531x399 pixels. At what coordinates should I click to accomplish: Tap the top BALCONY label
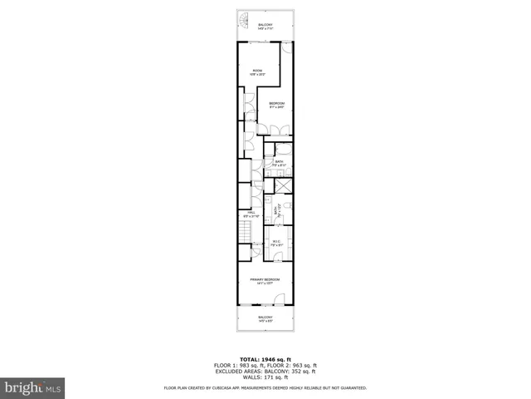(265, 27)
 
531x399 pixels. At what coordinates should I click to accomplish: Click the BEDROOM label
(276, 104)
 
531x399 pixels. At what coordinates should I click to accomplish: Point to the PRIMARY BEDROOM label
(265, 280)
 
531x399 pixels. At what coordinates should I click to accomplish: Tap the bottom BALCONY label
(265, 318)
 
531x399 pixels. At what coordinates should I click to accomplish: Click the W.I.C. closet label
(276, 243)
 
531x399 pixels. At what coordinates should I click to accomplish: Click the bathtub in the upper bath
(283, 150)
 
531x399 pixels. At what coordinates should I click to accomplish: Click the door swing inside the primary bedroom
(280, 299)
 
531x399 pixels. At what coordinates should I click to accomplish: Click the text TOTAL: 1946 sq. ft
(265, 359)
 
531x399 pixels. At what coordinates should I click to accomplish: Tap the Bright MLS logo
(33, 387)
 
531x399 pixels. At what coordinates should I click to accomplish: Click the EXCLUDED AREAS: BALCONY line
(265, 371)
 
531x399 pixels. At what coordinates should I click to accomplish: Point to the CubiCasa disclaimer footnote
(265, 387)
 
